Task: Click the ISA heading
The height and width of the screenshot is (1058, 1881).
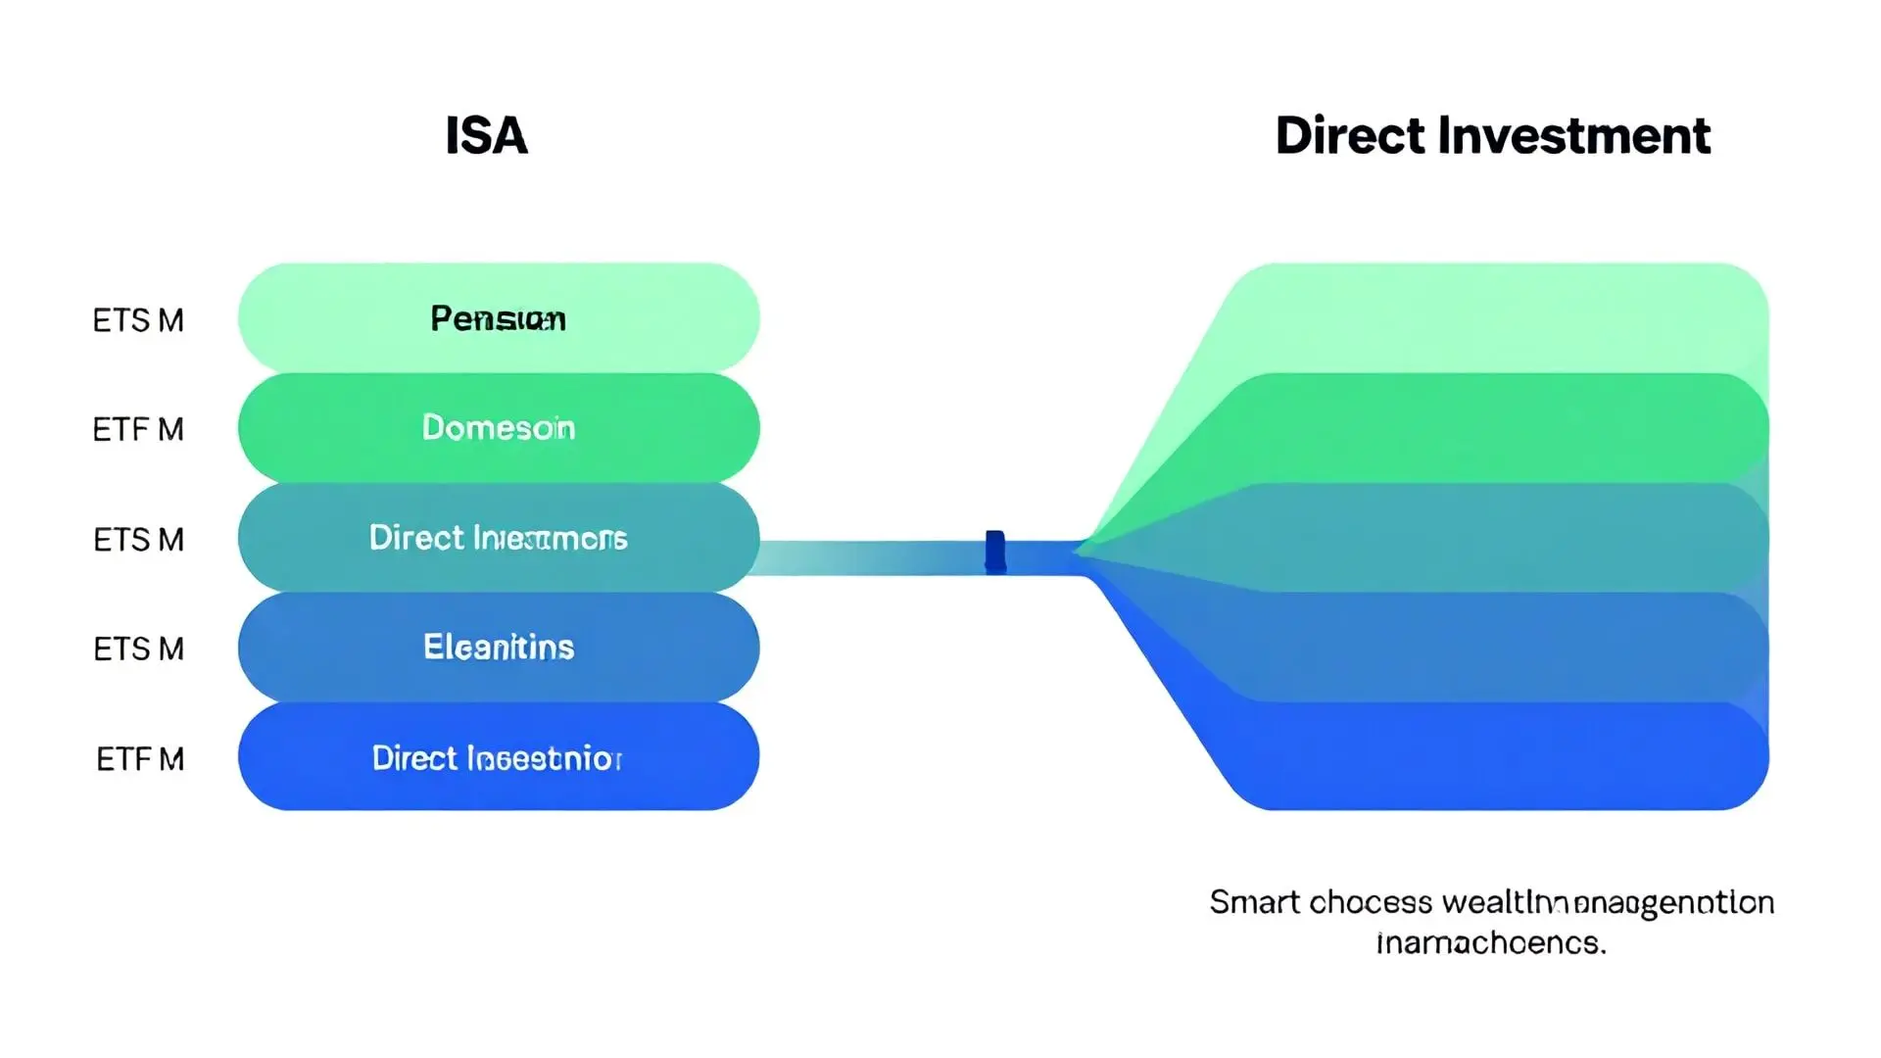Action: click(x=486, y=135)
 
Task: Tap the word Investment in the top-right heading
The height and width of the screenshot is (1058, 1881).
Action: click(x=1573, y=135)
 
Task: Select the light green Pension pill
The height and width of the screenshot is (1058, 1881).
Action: click(x=498, y=318)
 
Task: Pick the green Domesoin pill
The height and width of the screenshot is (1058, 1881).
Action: click(x=498, y=428)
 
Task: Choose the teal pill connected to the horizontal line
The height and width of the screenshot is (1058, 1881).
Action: click(x=498, y=538)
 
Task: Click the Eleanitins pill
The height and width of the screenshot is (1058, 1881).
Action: click(x=498, y=648)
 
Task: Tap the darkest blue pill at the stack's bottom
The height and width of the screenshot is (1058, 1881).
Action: click(x=498, y=757)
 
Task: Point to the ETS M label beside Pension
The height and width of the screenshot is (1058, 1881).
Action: click(x=138, y=320)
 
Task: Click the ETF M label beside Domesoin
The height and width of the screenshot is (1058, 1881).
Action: click(x=138, y=429)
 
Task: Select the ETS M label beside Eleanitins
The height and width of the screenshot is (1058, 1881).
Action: click(x=138, y=649)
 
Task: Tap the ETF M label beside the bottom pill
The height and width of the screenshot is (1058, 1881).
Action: click(x=140, y=759)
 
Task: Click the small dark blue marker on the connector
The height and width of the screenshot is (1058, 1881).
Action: click(x=994, y=551)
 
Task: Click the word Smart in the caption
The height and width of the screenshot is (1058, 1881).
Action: click(x=1254, y=902)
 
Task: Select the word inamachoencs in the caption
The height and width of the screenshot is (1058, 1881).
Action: click(x=1491, y=942)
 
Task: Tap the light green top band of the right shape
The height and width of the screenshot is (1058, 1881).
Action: click(x=1499, y=318)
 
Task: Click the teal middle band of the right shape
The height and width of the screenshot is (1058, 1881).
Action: click(x=1499, y=538)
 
